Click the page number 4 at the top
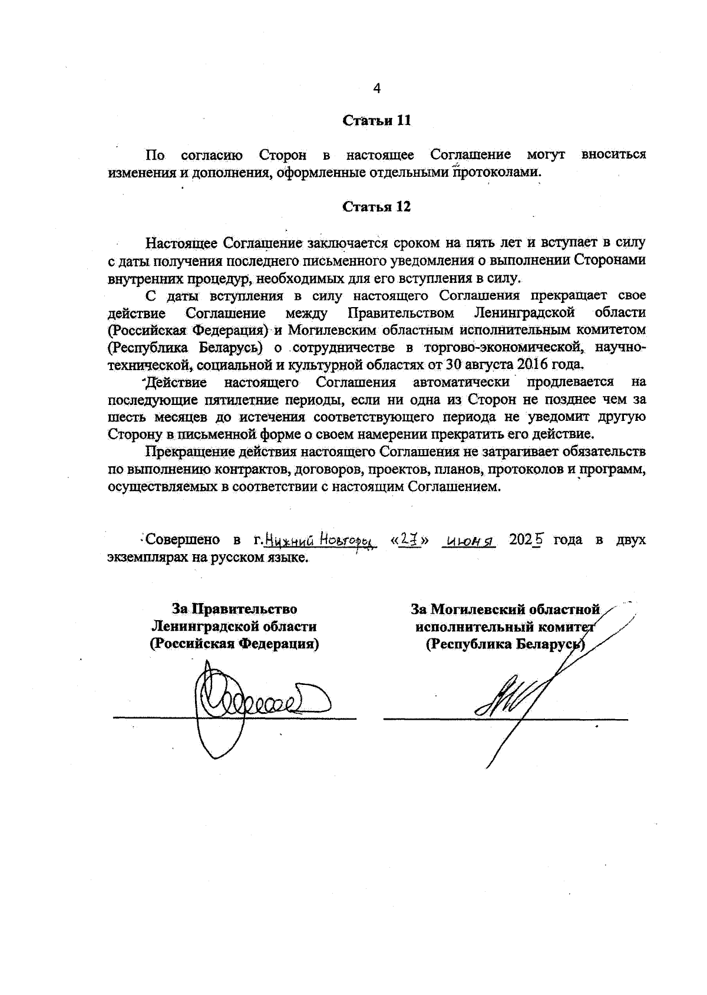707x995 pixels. tap(377, 88)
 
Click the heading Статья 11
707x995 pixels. tap(376, 121)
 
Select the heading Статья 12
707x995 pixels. tap(376, 207)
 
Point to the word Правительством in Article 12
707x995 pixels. tap(401, 312)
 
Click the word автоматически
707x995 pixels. tap(461, 383)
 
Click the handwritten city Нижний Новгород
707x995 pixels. tap(319, 540)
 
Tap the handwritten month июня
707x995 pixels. tap(470, 541)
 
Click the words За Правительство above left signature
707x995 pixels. tap(234, 609)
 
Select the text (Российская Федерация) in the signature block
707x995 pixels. tap(234, 644)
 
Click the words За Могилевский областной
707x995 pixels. tap(505, 609)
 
